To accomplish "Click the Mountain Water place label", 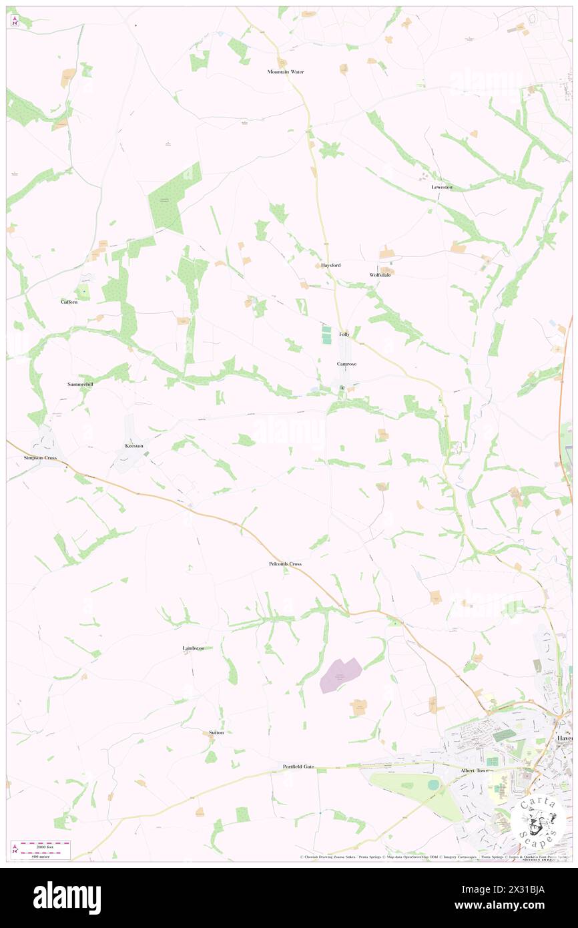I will click(286, 71).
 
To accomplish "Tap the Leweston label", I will click(442, 187).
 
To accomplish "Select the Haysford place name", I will click(330, 265).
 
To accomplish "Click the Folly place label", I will click(344, 334).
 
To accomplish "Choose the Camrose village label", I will click(346, 364).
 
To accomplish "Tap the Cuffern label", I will click(69, 302).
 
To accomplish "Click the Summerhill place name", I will click(82, 385).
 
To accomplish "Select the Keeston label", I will click(134, 445).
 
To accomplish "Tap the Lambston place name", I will click(194, 648).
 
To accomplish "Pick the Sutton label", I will click(216, 732).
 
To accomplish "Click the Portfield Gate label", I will click(298, 766).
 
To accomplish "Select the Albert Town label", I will click(475, 770).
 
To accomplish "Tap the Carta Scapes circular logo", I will click(534, 821).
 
